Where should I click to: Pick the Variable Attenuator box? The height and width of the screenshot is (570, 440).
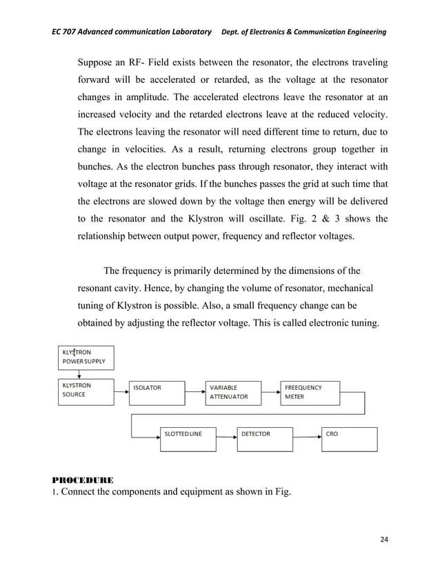(233, 392)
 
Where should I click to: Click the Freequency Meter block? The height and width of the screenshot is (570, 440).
(308, 392)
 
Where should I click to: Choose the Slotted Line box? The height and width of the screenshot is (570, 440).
(188, 439)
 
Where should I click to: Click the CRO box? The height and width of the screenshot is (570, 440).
(350, 439)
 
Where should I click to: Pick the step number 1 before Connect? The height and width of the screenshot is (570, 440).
(54, 492)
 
